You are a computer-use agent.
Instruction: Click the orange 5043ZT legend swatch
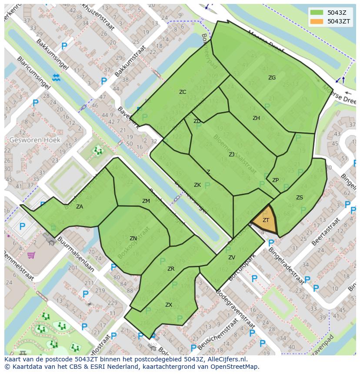[x=317, y=21]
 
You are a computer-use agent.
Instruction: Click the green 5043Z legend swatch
[x=317, y=13]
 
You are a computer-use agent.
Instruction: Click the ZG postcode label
[x=272, y=78]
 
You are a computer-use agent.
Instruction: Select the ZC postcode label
[x=183, y=92]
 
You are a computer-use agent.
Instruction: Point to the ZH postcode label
[x=256, y=118]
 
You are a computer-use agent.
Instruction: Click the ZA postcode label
[x=80, y=207]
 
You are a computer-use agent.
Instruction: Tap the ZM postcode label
[x=146, y=201]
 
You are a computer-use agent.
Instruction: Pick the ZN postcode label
[x=133, y=238]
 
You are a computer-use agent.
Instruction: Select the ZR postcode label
[x=171, y=269]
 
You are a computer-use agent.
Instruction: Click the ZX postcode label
[x=169, y=305]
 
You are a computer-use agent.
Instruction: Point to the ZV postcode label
[x=232, y=258]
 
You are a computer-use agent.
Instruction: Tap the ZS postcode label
[x=300, y=198]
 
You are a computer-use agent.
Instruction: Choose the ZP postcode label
[x=275, y=180]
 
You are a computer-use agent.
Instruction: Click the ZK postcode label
[x=197, y=185]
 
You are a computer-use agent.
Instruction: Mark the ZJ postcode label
[x=232, y=154]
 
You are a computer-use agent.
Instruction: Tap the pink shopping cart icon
[x=31, y=255]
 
